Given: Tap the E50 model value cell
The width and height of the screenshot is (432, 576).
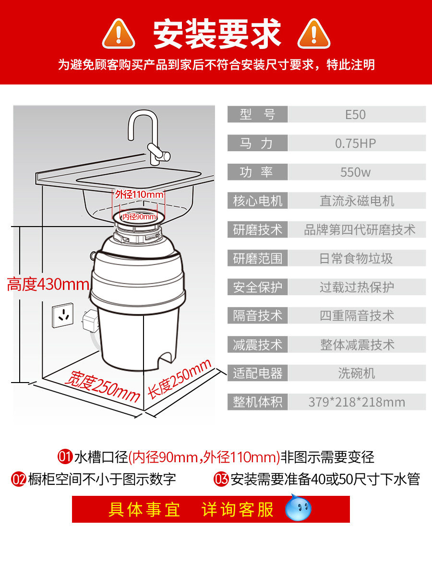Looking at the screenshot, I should pos(356,115).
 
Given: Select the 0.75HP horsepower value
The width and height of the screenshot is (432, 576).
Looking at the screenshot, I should pos(356,143).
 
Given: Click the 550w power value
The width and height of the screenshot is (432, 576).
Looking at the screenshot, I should pos(356,172).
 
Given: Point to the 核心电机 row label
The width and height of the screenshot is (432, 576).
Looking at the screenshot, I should pos(258,201).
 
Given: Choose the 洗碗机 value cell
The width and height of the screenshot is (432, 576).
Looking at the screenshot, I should pos(356,373).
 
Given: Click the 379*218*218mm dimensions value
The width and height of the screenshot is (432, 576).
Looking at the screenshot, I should pos(356,402).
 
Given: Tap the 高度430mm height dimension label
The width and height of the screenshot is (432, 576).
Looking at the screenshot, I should pos(48,285).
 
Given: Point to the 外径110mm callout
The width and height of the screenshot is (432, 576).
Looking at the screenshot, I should pos(139,194).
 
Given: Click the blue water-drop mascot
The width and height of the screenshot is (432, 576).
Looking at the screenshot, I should pos(298,509).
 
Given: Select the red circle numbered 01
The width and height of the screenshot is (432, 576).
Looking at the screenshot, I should pos(65,456).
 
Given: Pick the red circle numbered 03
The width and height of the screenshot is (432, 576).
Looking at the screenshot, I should pos(221,479).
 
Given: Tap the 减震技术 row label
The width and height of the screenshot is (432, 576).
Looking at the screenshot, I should pos(258,345).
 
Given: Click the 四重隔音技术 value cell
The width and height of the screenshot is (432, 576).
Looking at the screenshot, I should pos(356,316).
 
